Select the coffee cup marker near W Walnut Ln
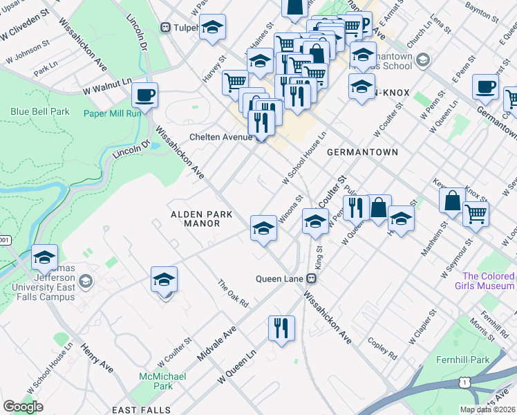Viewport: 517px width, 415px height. [145, 95]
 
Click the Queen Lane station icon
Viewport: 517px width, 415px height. [312, 279]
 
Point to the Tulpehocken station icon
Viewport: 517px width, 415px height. [165, 27]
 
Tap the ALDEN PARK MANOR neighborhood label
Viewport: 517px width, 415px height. [202, 219]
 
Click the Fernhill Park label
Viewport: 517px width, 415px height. [462, 360]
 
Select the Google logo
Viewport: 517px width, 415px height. [23, 406]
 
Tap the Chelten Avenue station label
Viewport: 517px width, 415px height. [222, 137]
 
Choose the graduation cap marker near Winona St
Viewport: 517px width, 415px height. [263, 228]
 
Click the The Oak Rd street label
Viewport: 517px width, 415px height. [232, 294]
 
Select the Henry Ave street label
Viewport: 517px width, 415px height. [96, 357]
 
